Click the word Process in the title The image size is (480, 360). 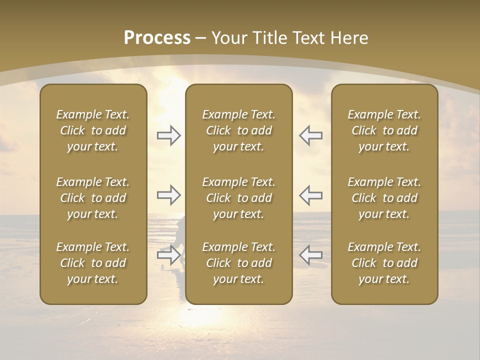tap(157, 38)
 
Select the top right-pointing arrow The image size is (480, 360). tap(168, 135)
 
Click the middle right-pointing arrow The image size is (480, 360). tap(168, 195)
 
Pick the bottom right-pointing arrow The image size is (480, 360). tap(168, 255)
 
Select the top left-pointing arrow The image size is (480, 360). tap(310, 135)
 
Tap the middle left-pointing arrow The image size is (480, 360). tap(310, 195)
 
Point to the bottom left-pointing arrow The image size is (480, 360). tap(310, 255)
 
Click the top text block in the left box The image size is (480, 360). tap(93, 130)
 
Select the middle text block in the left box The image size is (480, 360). tap(93, 198)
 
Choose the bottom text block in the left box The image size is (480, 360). tap(93, 263)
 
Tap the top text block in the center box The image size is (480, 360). tap(239, 130)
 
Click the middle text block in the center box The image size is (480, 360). tap(239, 198)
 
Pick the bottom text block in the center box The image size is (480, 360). tap(239, 263)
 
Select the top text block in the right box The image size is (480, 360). tap(384, 130)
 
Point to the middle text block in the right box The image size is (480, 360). tap(384, 198)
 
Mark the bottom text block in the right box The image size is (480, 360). tap(384, 263)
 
